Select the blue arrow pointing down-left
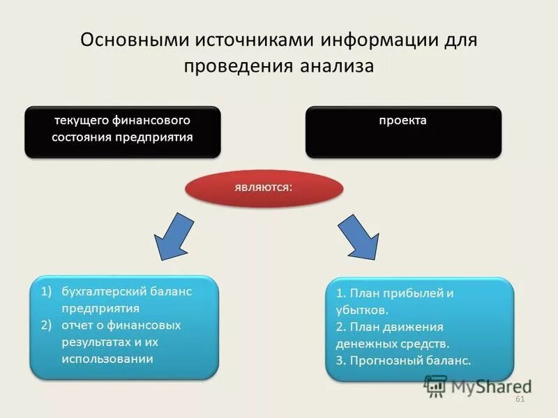tap(173, 236)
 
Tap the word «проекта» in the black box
tap(402, 121)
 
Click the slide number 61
tap(519, 398)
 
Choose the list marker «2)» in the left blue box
tap(45, 325)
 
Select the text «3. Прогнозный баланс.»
tap(403, 361)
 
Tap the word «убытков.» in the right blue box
tap(361, 310)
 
